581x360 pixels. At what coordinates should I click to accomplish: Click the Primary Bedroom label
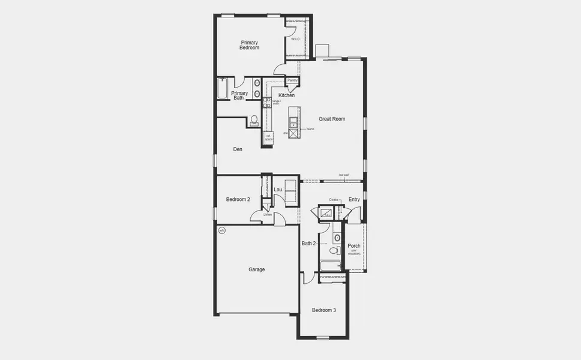tap(250, 45)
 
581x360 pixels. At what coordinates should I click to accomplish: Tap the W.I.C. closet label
tap(295, 40)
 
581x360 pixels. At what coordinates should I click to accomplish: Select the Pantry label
tap(292, 80)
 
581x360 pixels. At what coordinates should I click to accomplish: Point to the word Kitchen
tap(286, 95)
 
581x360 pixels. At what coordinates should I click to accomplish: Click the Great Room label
tap(332, 119)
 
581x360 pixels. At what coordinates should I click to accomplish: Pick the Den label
tap(238, 149)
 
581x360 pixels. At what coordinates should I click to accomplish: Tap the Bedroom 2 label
tap(238, 199)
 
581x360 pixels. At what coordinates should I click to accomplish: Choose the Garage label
tap(257, 269)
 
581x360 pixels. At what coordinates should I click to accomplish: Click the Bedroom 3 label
tap(324, 310)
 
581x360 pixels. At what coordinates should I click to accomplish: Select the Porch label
tap(354, 245)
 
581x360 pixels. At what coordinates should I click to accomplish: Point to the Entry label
tap(354, 199)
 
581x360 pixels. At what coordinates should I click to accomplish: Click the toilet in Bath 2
tap(334, 251)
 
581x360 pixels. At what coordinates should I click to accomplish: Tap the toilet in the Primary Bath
tap(254, 120)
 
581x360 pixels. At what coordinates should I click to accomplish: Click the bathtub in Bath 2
tap(331, 265)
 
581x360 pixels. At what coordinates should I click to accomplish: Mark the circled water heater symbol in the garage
tap(221, 230)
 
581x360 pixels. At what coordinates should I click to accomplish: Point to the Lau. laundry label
tap(278, 190)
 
